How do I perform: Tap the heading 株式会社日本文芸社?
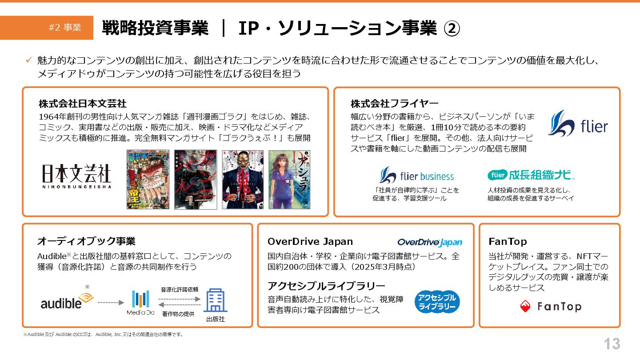83,104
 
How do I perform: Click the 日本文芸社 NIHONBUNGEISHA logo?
76,176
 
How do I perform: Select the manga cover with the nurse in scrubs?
289,180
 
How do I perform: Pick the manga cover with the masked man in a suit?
242,180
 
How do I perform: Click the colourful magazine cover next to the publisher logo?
148,180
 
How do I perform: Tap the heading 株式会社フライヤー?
394,104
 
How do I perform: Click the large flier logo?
577,124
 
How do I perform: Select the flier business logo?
416,176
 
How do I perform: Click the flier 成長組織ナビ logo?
531,175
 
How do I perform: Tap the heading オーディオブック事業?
86,241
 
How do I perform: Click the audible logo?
67,301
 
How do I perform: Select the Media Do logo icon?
140,299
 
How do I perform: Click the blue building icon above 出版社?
216,300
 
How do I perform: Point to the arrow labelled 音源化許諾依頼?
180,299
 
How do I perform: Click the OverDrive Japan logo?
430,242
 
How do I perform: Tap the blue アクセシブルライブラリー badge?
438,302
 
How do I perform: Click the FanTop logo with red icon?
550,306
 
